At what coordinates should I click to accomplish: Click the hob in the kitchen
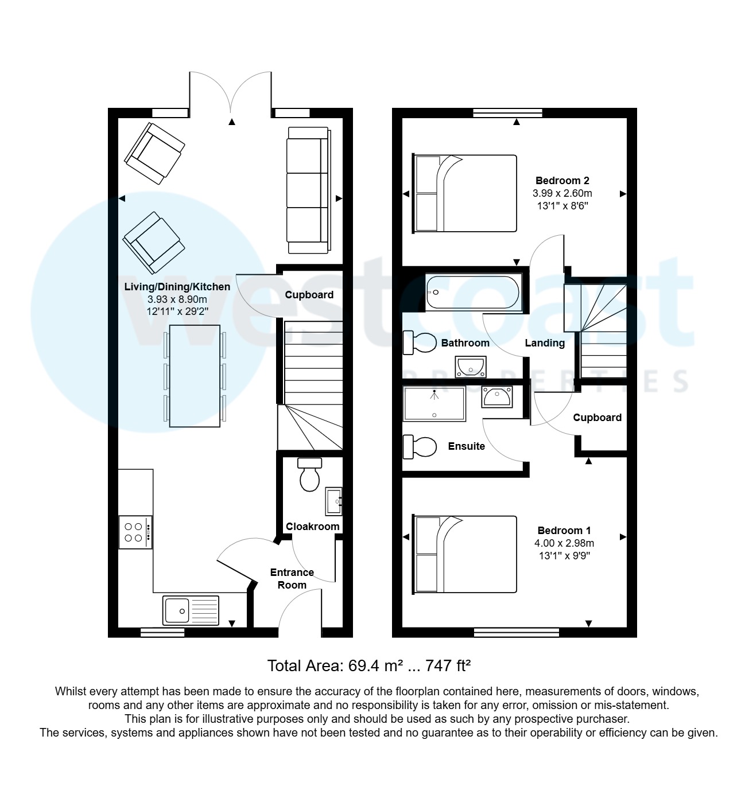135,532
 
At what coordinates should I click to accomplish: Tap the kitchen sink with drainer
191,610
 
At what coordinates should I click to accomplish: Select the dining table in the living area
195,376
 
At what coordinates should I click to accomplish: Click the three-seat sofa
308,190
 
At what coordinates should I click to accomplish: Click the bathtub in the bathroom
473,293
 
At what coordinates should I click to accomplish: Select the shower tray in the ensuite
434,404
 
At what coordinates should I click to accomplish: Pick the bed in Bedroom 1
464,554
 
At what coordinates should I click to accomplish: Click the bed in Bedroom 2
464,193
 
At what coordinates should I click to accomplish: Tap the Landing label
545,343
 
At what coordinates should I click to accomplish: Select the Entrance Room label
292,578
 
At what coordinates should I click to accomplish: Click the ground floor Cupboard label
309,295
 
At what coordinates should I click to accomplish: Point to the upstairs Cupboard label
597,418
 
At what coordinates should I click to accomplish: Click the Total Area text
369,666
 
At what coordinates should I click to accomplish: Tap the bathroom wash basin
471,367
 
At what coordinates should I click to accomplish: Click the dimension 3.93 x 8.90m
177,299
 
